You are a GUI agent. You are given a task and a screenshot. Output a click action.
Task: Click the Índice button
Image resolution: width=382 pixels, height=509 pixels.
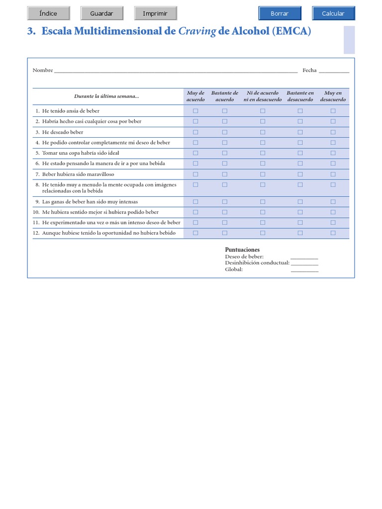48,13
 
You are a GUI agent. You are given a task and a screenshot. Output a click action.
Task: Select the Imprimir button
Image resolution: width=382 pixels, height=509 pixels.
155,13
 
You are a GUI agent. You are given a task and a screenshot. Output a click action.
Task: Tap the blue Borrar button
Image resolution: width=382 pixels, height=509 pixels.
280,13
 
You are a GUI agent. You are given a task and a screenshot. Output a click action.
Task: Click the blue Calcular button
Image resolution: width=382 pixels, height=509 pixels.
333,13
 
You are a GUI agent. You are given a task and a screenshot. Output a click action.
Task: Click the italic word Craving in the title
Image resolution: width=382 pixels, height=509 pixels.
197,31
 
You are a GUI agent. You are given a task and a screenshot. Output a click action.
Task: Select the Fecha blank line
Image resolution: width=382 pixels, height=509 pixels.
334,71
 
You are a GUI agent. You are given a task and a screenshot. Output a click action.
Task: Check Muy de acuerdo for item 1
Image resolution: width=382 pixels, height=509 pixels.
195,111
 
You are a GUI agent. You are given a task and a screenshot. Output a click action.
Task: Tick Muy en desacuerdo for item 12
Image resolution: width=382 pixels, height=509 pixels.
333,233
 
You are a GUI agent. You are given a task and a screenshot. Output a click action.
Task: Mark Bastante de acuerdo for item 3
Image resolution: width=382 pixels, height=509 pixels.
224,132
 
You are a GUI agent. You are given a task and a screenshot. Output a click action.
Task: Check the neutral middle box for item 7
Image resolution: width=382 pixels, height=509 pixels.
263,174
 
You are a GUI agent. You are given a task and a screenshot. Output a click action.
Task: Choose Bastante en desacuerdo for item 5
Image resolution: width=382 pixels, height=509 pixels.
300,153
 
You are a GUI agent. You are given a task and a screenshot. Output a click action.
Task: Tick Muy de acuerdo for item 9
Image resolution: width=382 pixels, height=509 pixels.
195,202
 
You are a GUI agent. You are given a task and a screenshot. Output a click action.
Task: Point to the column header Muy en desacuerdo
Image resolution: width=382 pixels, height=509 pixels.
333,96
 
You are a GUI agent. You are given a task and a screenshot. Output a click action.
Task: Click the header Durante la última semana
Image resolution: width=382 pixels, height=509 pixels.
106,96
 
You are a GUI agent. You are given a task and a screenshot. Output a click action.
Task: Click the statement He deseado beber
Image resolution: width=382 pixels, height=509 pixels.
63,132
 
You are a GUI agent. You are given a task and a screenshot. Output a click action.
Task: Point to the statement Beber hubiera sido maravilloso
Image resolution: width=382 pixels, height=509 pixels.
78,174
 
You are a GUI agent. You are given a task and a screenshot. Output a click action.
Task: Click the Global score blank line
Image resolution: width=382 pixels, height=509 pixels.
304,270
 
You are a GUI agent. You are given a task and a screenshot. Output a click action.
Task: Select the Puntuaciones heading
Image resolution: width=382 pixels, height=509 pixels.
242,250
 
